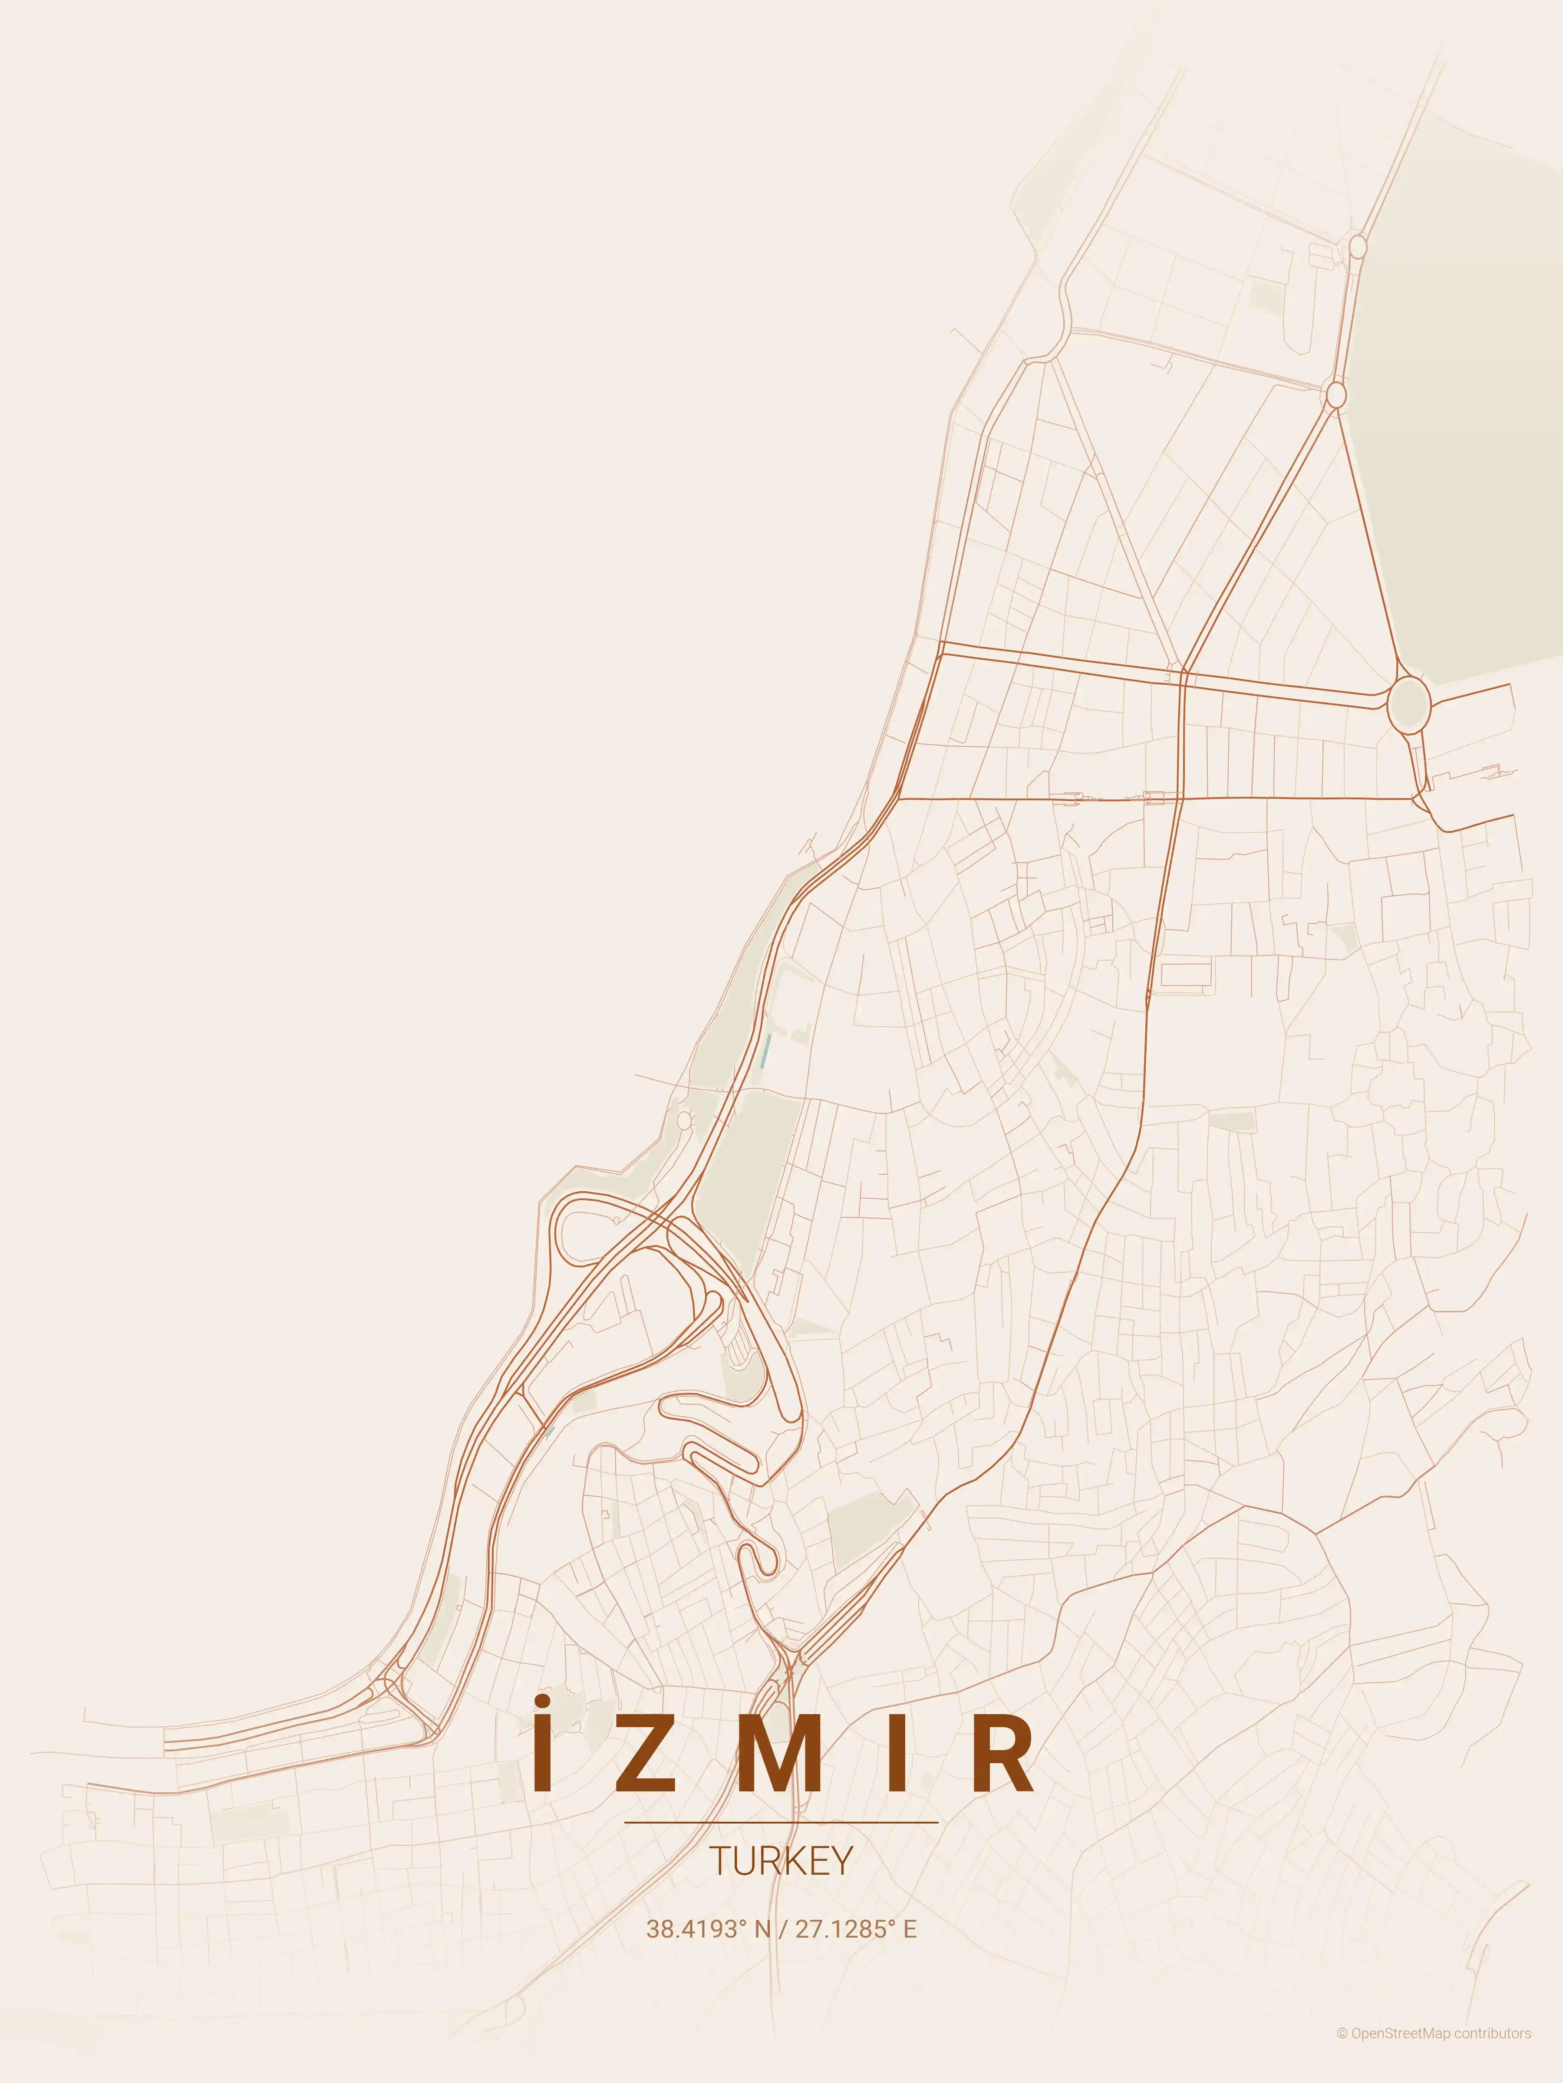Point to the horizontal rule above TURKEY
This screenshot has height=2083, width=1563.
click(x=781, y=1822)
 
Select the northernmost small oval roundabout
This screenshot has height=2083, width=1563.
click(x=1358, y=247)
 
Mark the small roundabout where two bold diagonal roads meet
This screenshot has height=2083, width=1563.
click(x=1335, y=394)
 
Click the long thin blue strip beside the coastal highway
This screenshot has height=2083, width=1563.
click(x=766, y=1050)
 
